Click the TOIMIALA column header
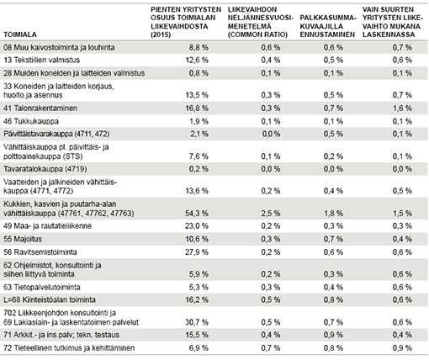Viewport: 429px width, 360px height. tap(20, 34)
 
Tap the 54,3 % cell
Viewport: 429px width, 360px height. tap(197, 214)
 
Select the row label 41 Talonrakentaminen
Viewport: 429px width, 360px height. tap(40, 109)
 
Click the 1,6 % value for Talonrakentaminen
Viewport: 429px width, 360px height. tap(402, 109)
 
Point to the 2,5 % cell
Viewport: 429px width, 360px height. tap(271, 214)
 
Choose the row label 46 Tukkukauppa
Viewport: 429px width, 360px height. tap(31, 121)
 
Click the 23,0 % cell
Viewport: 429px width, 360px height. tap(197, 226)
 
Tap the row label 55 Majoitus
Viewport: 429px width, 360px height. tap(23, 239)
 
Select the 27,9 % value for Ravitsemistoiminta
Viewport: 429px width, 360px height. tap(197, 252)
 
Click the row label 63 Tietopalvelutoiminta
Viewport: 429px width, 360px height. tap(42, 287)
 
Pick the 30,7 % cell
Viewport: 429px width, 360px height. tap(197, 322)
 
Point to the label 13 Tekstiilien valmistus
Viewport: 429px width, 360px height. tap(41, 60)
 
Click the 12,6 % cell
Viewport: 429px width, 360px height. tap(197, 60)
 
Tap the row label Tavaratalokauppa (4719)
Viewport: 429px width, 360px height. tap(45, 169)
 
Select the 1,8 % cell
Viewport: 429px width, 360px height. tap(333, 214)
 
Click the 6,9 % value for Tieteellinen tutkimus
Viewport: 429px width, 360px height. tap(199, 348)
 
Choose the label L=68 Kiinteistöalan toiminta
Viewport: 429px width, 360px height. tap(50, 299)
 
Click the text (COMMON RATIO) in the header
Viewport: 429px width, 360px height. tap(257, 34)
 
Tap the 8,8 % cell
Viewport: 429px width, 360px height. tap(199, 47)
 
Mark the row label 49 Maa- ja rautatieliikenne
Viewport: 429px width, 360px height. tap(47, 226)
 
